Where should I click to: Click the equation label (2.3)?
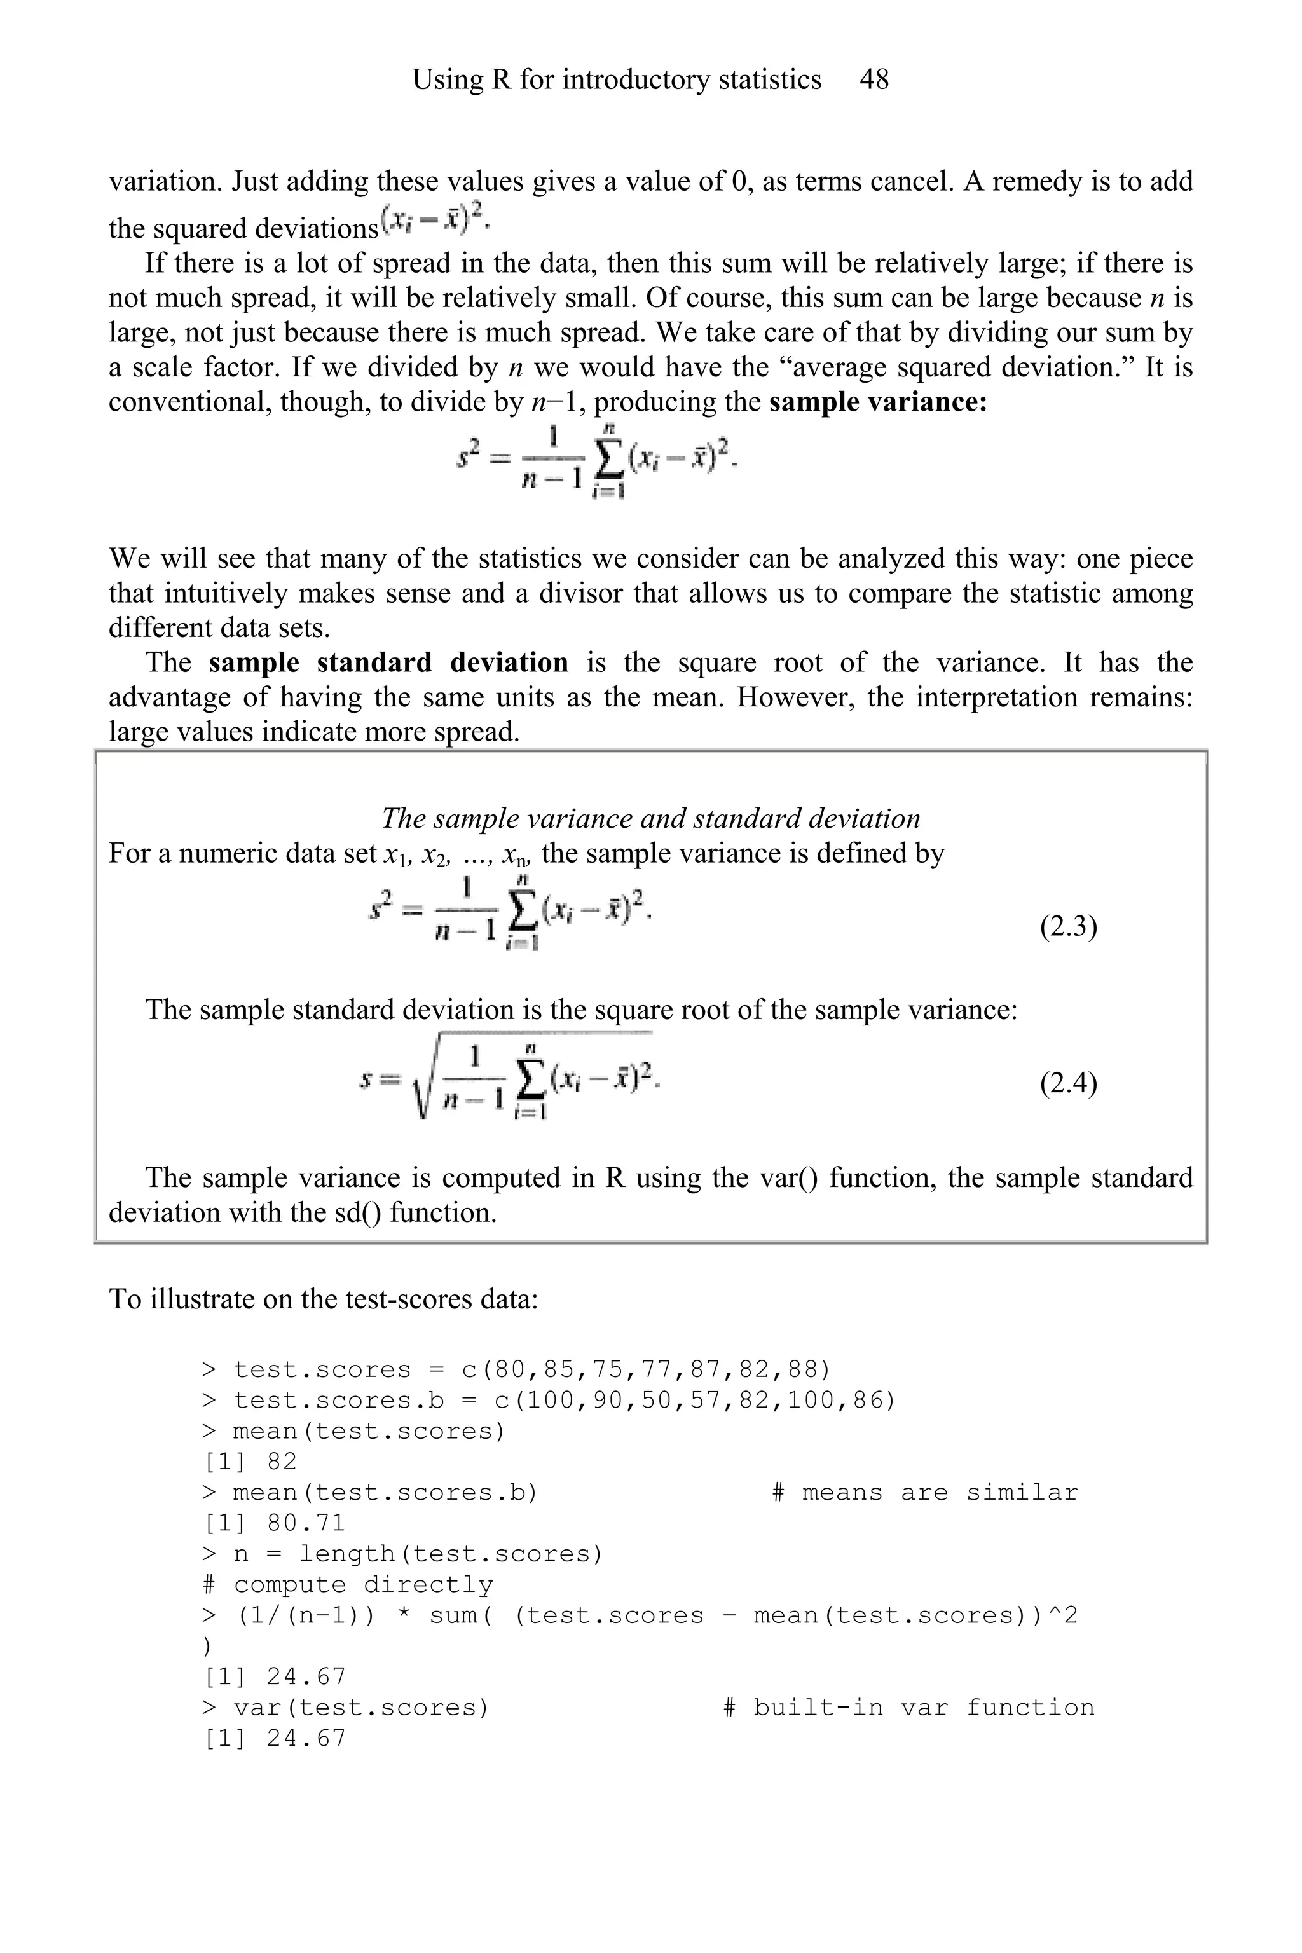click(1068, 926)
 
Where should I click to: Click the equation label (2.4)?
click(1068, 1083)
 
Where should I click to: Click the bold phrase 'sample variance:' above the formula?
click(878, 402)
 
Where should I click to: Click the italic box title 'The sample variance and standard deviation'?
click(650, 819)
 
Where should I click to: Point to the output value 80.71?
click(306, 1523)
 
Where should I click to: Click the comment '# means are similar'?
click(924, 1492)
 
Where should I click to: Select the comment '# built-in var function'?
click(908, 1707)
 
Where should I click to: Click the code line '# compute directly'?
click(347, 1584)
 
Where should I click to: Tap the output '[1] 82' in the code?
click(250, 1462)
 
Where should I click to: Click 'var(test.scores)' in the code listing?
click(361, 1707)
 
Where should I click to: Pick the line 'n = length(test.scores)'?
click(418, 1554)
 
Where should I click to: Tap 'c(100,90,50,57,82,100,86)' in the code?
click(694, 1400)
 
